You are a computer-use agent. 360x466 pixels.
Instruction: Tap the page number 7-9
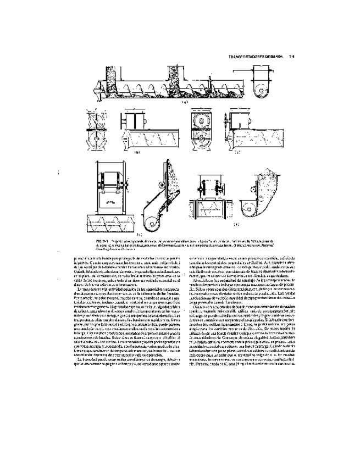(292, 57)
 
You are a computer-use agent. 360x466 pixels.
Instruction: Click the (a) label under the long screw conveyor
(186, 103)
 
